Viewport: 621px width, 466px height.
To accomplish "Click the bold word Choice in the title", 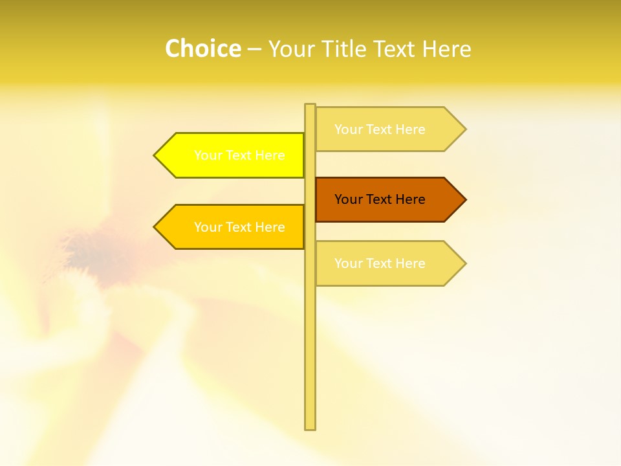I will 202,49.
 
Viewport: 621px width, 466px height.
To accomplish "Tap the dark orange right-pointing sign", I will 382,199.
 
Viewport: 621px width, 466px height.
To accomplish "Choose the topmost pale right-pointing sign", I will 382,129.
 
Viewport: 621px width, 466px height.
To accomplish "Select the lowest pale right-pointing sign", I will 382,263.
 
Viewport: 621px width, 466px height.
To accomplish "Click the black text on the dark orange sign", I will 380,199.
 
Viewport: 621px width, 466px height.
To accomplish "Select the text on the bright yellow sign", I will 239,155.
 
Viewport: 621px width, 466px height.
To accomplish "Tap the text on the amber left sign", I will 239,227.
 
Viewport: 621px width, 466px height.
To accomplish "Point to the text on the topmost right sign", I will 380,129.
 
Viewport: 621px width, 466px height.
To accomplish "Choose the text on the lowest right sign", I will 380,263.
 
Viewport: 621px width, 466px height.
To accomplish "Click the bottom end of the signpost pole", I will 310,427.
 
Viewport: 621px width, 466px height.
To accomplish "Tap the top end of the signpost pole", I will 310,106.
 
